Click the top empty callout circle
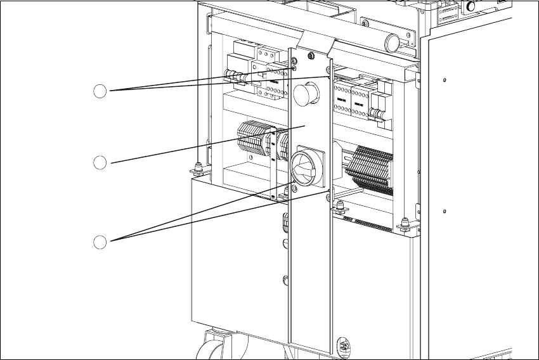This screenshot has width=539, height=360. pos(100,91)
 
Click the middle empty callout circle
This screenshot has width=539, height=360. pos(100,163)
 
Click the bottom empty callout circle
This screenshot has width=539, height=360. pos(100,241)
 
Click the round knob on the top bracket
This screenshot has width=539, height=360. pos(393,42)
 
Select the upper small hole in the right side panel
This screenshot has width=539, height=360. pos(445,80)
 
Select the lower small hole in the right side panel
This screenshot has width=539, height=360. pos(445,210)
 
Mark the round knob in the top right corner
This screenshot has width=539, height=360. pos(471,6)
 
